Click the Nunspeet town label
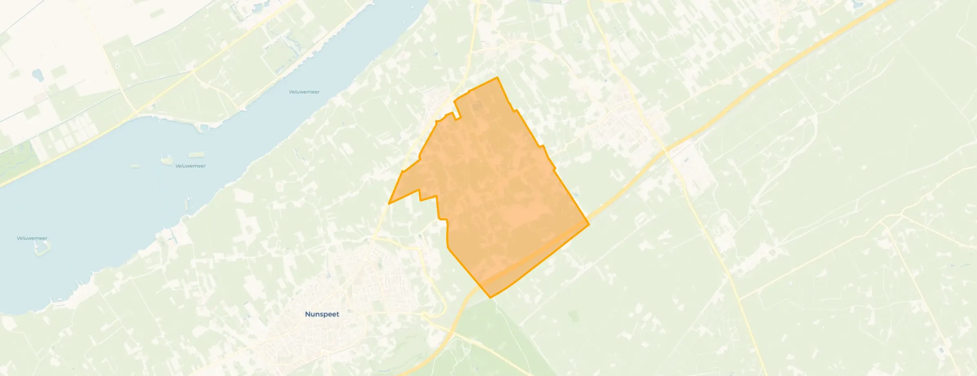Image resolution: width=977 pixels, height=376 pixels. tap(322, 314)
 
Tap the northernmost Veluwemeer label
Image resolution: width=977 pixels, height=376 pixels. tap(304, 92)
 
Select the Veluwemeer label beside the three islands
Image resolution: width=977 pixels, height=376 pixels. tap(190, 166)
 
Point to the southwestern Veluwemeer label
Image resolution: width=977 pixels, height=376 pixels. tap(32, 238)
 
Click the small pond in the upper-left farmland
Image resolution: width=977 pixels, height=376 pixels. tap(38, 75)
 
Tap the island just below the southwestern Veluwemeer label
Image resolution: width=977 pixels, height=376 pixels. tap(42, 247)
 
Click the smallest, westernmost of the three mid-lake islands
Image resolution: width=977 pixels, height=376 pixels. tap(134, 166)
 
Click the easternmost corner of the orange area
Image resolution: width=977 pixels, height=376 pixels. tap(589, 224)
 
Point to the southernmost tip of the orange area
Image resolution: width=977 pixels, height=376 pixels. tap(490, 297)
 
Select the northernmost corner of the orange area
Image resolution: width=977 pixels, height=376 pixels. tap(497, 77)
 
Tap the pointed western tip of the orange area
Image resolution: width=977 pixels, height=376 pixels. tap(389, 203)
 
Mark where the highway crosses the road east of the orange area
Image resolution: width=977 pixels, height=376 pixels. tap(666, 150)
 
